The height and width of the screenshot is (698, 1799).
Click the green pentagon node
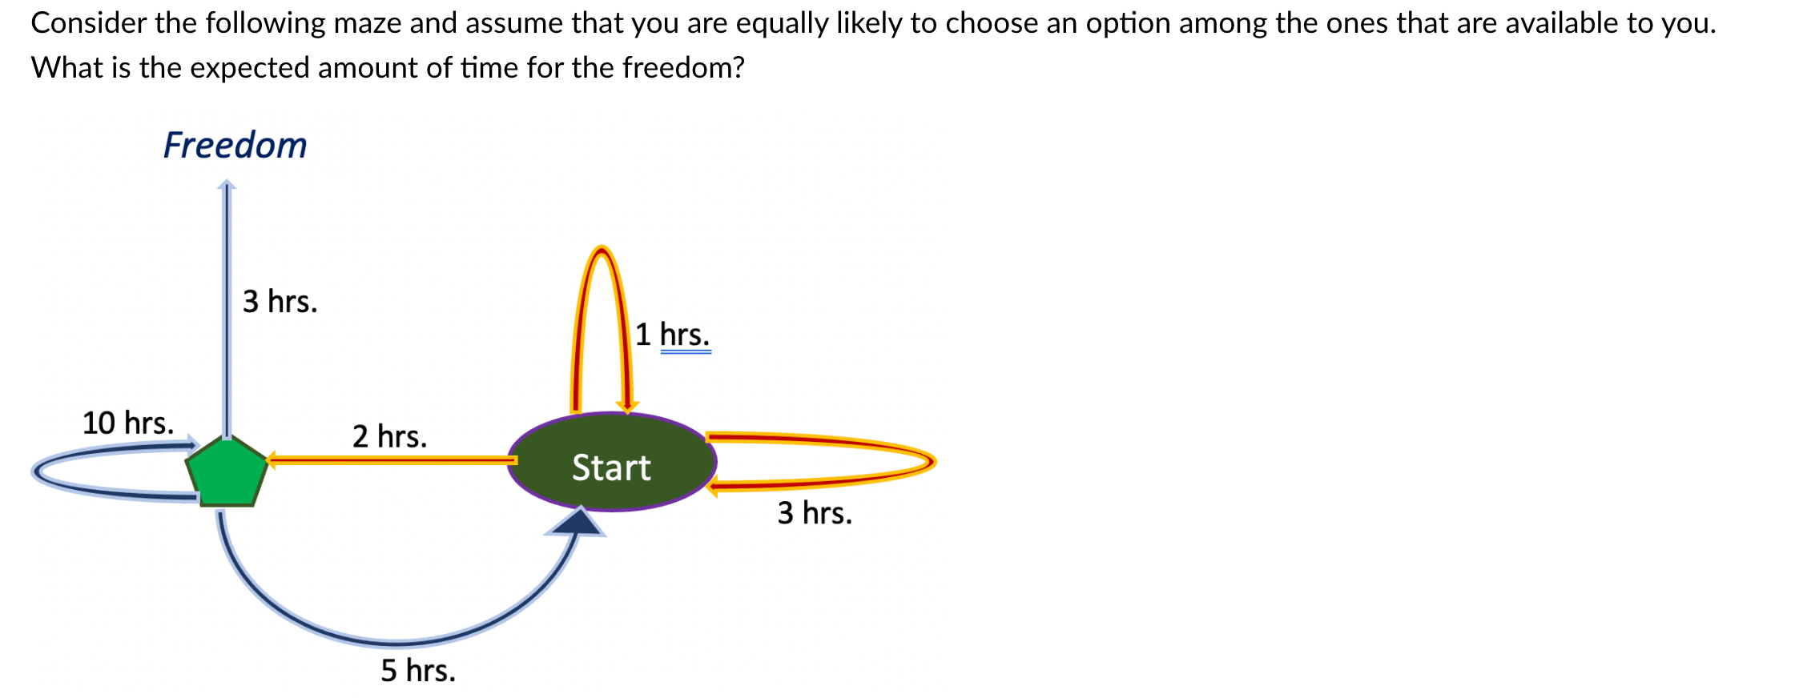(227, 473)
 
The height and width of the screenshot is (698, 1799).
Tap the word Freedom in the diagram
(235, 146)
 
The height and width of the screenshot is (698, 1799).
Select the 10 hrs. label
(127, 423)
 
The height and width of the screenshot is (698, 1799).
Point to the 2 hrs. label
(389, 436)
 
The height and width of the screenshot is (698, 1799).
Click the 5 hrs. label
(417, 670)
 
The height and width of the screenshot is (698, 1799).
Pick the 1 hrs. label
(672, 335)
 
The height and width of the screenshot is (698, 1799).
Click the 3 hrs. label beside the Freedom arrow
(280, 302)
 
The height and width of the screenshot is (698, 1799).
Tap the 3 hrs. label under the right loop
(814, 513)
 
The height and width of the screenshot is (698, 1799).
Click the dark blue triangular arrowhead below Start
(577, 523)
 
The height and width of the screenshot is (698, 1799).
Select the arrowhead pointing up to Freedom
(227, 186)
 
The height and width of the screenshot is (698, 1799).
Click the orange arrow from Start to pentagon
(392, 460)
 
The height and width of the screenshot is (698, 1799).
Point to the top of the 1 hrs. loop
(602, 250)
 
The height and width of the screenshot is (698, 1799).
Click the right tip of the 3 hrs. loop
(932, 462)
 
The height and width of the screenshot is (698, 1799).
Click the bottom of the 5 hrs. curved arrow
(396, 643)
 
